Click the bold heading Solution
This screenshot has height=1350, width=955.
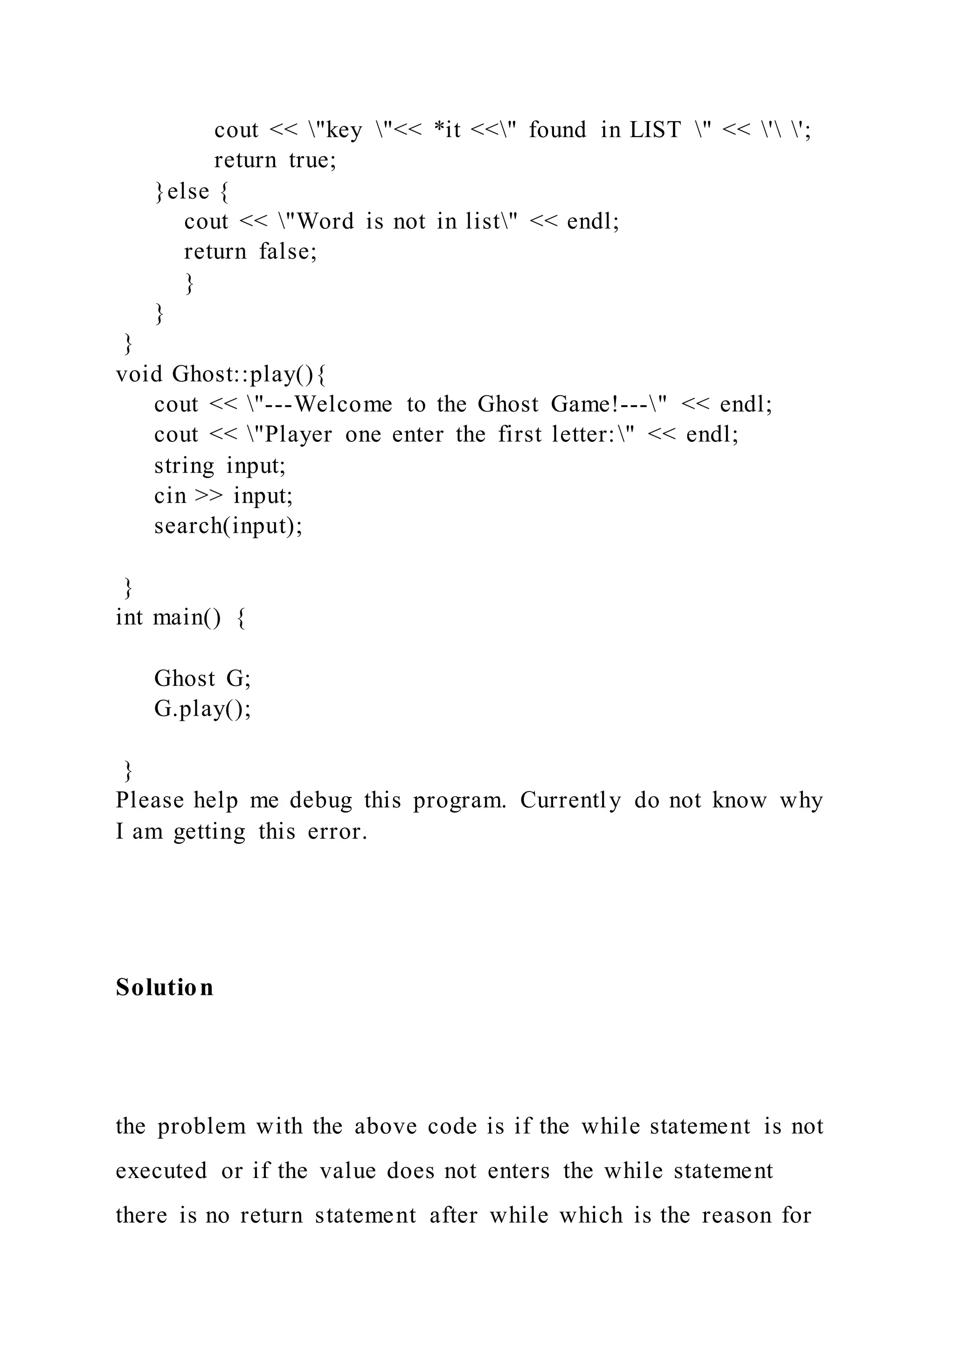(x=164, y=987)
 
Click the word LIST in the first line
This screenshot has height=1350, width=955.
(x=655, y=130)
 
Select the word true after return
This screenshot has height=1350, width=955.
(x=312, y=160)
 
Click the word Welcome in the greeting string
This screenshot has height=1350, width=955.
(x=343, y=405)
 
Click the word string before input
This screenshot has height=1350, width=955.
(x=184, y=466)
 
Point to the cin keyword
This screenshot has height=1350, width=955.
(x=170, y=496)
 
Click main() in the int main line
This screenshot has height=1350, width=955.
(x=187, y=617)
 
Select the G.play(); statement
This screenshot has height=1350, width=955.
(x=202, y=709)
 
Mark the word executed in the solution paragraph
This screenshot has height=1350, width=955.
(x=161, y=1171)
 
